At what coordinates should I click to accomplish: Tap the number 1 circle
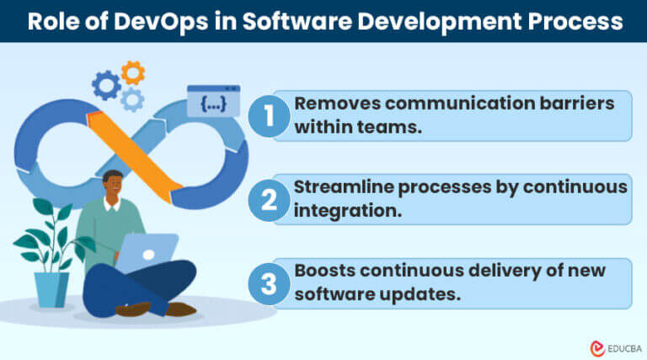(270, 116)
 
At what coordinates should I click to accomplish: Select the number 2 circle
(270, 200)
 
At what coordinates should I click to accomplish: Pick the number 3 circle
(270, 283)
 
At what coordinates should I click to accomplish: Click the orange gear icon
(132, 73)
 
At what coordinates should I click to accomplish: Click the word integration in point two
(340, 211)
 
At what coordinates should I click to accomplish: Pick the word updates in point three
(399, 295)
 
